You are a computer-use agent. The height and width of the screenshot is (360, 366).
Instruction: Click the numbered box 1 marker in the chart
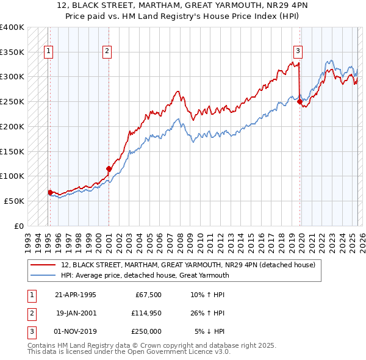click(x=48, y=52)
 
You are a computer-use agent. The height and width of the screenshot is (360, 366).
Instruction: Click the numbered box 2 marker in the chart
click(x=106, y=52)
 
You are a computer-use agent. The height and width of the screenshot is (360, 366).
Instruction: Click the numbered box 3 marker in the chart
click(x=298, y=52)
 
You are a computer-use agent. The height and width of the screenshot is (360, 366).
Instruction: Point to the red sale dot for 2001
click(x=109, y=168)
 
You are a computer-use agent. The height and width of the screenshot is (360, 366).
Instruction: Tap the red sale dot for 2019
click(x=300, y=102)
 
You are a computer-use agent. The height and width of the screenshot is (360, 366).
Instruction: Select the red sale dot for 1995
click(x=50, y=192)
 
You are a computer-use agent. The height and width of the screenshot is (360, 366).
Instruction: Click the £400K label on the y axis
click(x=12, y=27)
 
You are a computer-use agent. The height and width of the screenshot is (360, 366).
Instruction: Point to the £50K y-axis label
click(x=15, y=201)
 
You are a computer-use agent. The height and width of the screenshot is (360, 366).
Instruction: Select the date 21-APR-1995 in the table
click(x=76, y=295)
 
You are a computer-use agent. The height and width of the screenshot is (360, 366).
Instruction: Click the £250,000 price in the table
click(x=146, y=331)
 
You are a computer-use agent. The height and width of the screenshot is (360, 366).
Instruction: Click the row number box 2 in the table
click(x=30, y=313)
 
